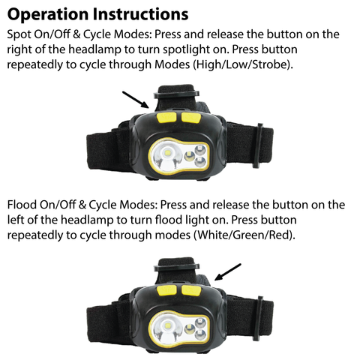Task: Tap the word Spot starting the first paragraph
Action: coord(20,34)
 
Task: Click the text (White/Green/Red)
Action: coord(244,235)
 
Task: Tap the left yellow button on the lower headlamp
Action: coord(166,289)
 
